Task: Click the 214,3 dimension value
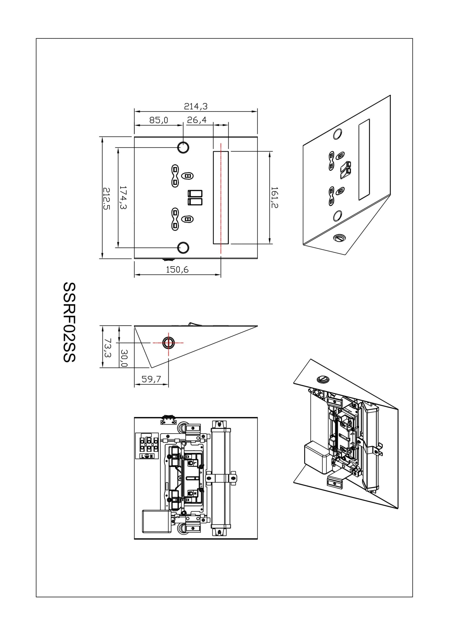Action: (195, 106)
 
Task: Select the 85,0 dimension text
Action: (159, 120)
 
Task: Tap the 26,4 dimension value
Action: (197, 120)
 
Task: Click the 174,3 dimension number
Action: (123, 197)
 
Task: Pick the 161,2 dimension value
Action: (274, 197)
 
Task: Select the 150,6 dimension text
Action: (177, 269)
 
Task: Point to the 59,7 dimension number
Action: (151, 379)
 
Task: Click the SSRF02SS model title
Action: (69, 322)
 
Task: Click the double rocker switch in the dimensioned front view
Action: (195, 197)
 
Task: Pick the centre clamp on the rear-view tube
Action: (221, 478)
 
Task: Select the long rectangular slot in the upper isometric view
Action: (364, 160)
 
